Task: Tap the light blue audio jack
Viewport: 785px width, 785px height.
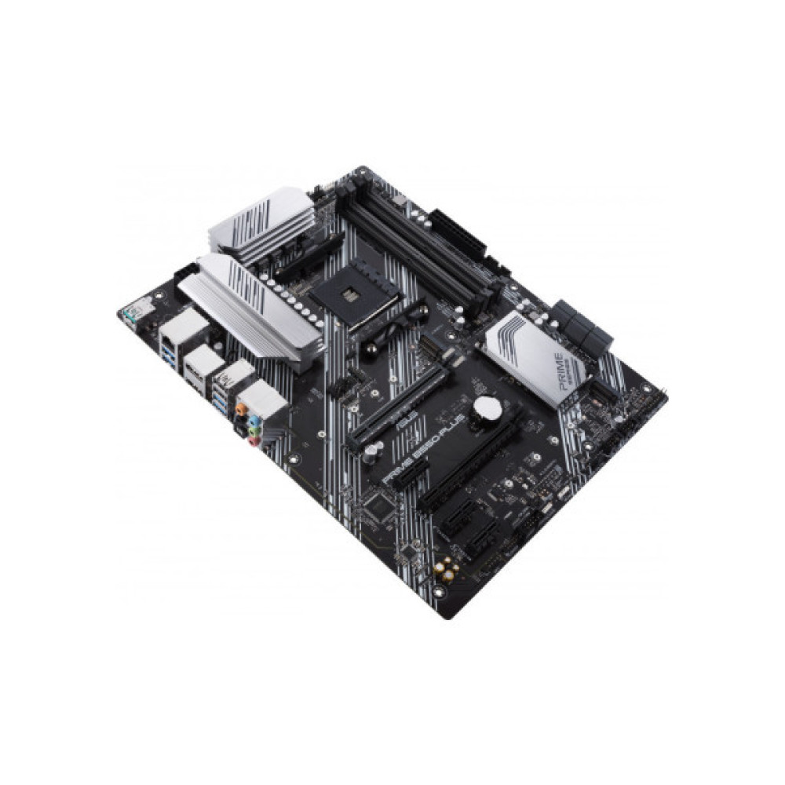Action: (x=250, y=418)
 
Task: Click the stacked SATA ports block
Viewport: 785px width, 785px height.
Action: (x=582, y=323)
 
